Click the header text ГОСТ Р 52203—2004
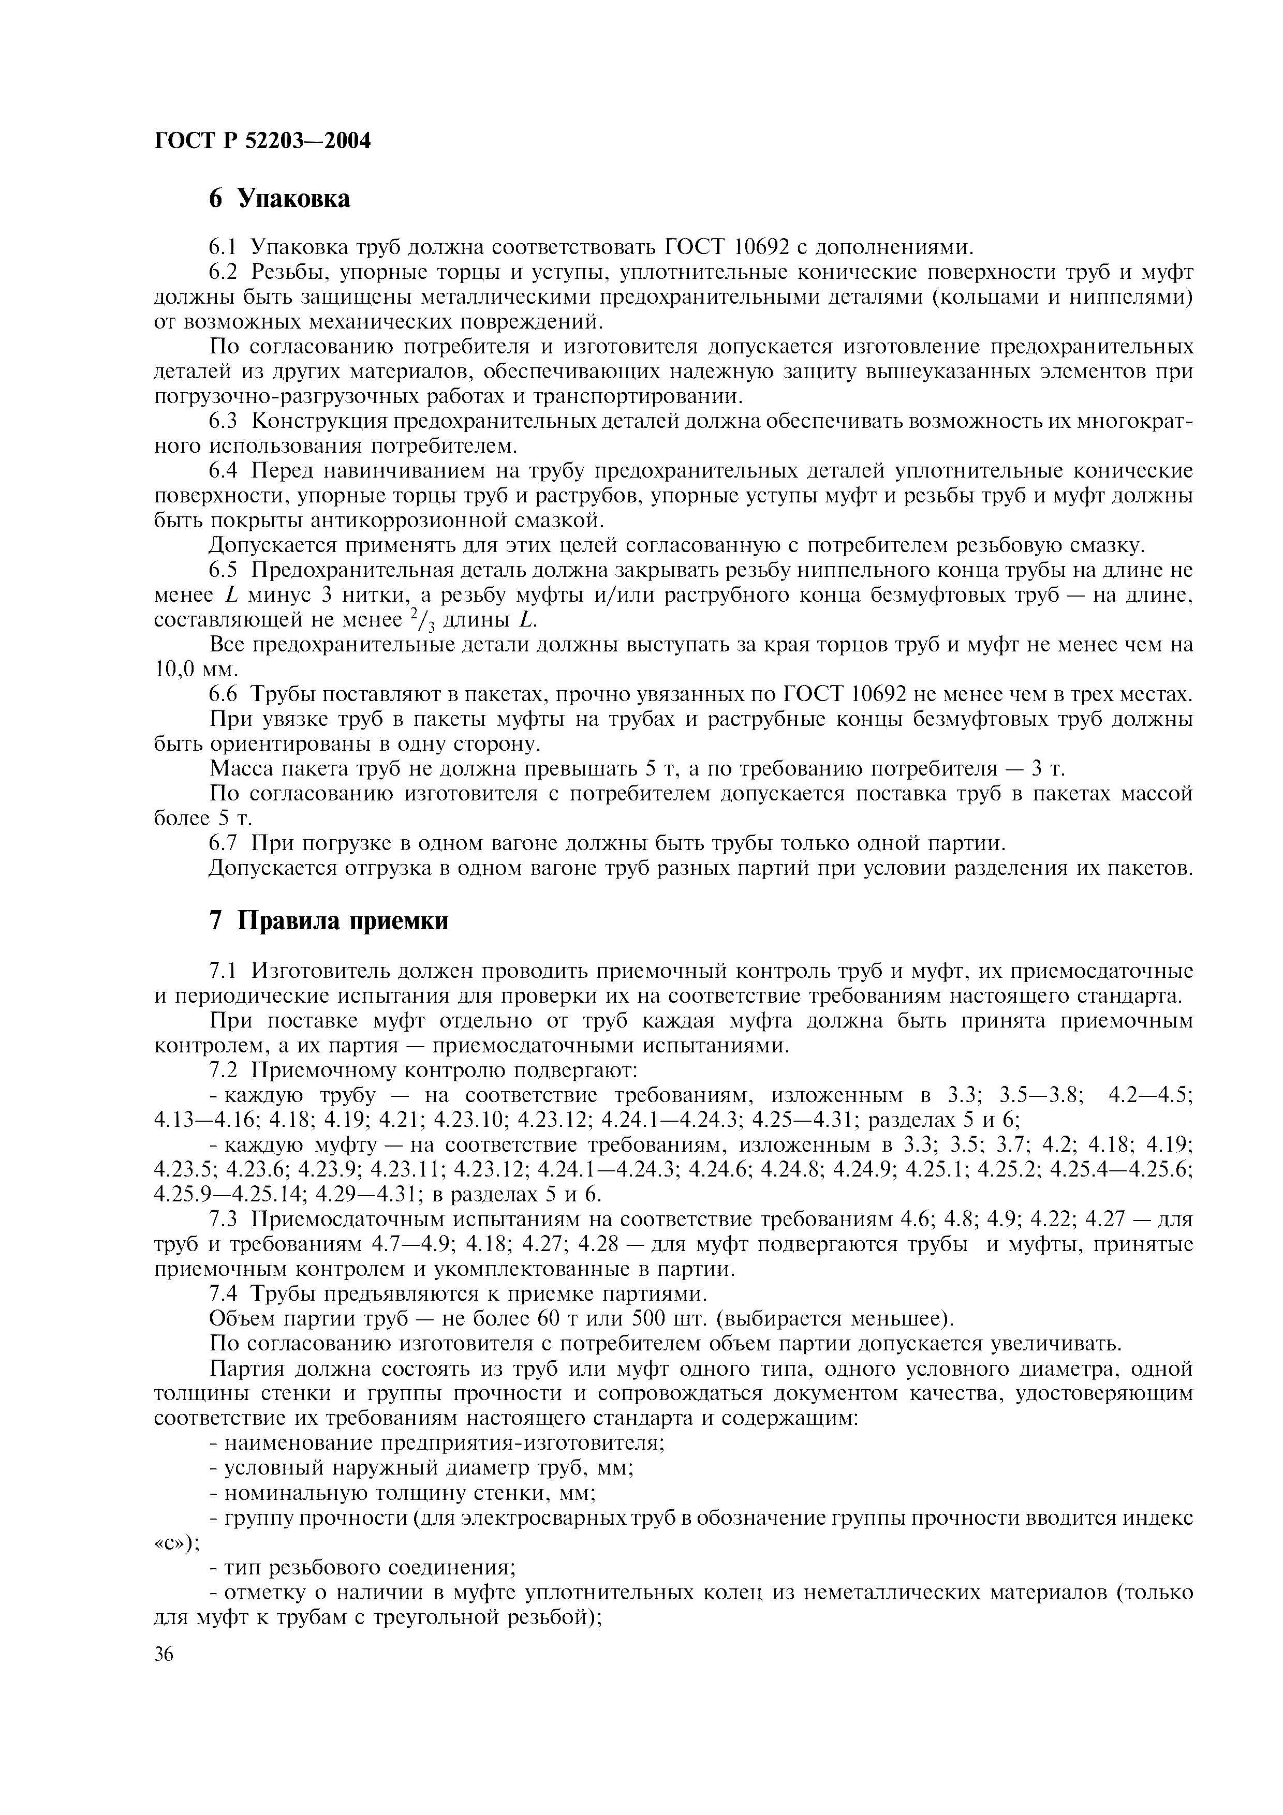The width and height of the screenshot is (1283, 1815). point(262,141)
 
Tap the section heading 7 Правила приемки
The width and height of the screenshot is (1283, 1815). point(328,921)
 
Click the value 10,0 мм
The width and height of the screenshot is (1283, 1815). point(195,670)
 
